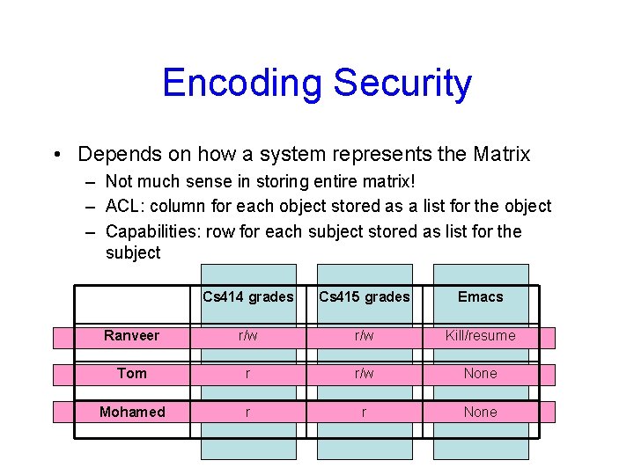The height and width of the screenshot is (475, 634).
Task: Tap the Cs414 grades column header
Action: pos(247,297)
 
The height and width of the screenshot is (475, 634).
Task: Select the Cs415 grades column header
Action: pos(364,297)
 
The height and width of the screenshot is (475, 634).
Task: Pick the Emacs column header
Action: pos(480,297)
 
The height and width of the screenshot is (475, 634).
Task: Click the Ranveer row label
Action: pos(131,336)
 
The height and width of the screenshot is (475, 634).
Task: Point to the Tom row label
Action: pos(131,374)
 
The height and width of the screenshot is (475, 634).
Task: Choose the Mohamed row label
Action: pos(131,413)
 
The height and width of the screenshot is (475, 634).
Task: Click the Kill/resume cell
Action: pos(480,336)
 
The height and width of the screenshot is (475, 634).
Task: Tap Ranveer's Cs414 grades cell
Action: pos(247,336)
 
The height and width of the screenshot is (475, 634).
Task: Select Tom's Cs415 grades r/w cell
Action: pos(364,374)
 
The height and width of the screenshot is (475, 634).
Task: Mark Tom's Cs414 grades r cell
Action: pos(247,374)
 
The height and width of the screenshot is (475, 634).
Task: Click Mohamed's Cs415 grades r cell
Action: pos(364,413)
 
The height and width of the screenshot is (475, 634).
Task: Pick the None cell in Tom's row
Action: pos(480,374)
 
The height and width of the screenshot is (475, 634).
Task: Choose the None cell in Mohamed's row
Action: pos(480,413)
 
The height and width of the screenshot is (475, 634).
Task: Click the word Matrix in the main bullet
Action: pos(501,155)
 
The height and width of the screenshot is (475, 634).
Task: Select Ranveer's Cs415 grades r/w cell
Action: pos(364,336)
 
